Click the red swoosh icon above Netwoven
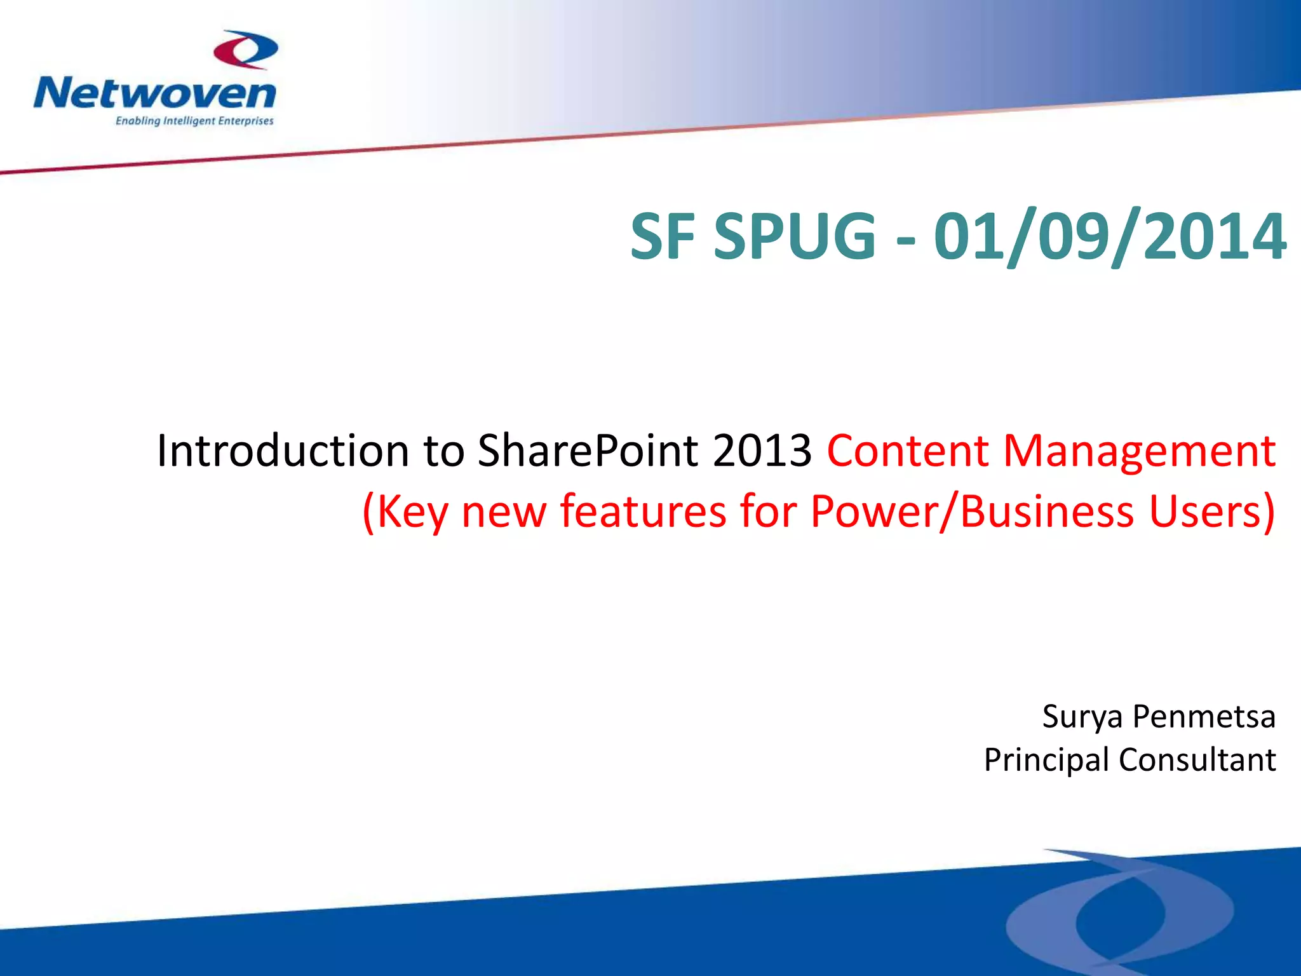click(x=245, y=50)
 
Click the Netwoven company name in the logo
click(x=155, y=93)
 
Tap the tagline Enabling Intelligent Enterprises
click(x=194, y=121)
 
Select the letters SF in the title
click(x=663, y=236)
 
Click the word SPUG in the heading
click(x=795, y=236)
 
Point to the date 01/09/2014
click(x=1109, y=236)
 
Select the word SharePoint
click(x=588, y=451)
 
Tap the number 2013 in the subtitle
click(x=762, y=451)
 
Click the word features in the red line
click(x=642, y=511)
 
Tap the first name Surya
click(x=1082, y=717)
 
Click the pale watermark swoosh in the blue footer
click(x=1118, y=909)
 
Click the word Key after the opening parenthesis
click(x=412, y=512)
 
